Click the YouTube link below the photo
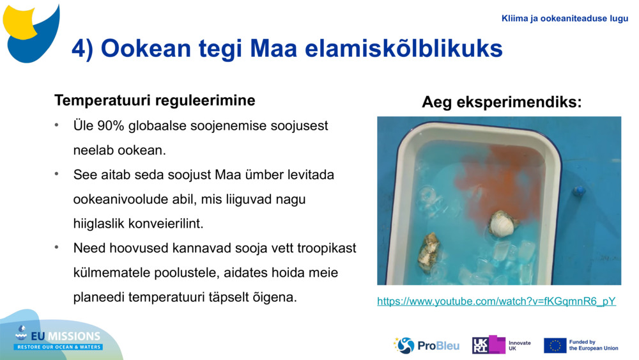click(x=496, y=301)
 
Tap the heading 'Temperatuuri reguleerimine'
click(x=155, y=100)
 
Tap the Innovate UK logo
click(x=501, y=345)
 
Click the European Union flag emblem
click(x=555, y=345)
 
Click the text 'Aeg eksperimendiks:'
click(x=502, y=102)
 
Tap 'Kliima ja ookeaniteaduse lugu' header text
click(x=565, y=19)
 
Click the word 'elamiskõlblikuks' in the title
click(x=403, y=49)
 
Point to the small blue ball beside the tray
click(x=579, y=191)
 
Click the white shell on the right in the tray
click(x=503, y=224)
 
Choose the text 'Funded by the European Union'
click(x=593, y=345)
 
